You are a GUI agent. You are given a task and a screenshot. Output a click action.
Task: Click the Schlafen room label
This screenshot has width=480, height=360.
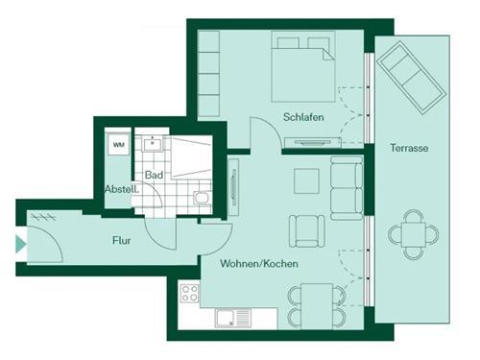pyautogui.click(x=303, y=117)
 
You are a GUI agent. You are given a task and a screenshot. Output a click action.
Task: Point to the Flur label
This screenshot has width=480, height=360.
pyautogui.click(x=121, y=240)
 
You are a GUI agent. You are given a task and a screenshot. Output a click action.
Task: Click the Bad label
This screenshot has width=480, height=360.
pyautogui.click(x=154, y=176)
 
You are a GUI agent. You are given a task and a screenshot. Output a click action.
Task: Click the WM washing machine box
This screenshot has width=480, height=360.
pyautogui.click(x=119, y=145)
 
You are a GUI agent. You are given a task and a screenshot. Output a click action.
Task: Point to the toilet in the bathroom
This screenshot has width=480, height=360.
pyautogui.click(x=201, y=199)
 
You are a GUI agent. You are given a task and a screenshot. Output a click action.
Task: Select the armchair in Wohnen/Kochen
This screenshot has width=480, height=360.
pyautogui.click(x=306, y=230)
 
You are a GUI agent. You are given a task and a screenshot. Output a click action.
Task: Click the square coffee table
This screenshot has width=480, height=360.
pyautogui.click(x=306, y=180)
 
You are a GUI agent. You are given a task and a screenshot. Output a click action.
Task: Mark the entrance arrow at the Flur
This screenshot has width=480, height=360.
pyautogui.click(x=21, y=245)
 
